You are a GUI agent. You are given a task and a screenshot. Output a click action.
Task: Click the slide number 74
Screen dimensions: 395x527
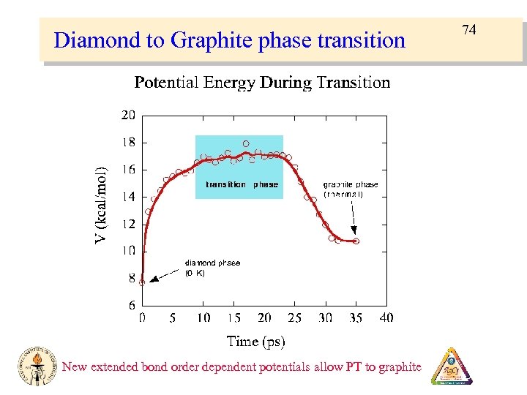(x=469, y=30)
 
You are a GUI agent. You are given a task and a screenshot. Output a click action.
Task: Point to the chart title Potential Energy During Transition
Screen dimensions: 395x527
(x=262, y=83)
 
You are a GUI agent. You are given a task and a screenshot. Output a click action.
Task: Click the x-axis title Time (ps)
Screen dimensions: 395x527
(x=255, y=341)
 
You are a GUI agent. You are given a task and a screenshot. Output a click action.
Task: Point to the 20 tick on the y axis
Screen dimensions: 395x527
(x=128, y=115)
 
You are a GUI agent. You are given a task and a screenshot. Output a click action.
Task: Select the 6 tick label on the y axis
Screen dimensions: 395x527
(x=131, y=305)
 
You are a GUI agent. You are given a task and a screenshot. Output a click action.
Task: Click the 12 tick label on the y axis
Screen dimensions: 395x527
(x=128, y=224)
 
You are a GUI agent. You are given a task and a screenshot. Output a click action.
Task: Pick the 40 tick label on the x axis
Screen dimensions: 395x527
(x=386, y=317)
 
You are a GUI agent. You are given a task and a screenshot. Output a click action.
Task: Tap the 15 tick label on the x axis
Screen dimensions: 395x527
(x=233, y=317)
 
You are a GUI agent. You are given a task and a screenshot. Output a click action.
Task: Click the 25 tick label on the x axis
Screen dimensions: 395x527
(x=294, y=317)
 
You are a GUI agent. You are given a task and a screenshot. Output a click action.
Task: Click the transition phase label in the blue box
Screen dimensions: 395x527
(x=242, y=185)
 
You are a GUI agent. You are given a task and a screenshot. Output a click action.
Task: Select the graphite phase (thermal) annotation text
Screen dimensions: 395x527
(x=351, y=189)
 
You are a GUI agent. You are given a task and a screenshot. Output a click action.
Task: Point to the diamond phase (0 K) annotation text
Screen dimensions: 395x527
(x=212, y=267)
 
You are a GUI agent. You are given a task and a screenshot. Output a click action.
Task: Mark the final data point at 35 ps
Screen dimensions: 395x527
(x=356, y=241)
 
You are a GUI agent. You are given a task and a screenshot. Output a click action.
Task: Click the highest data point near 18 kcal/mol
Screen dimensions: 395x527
(x=246, y=143)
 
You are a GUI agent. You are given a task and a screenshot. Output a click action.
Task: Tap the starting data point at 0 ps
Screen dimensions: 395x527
(x=142, y=282)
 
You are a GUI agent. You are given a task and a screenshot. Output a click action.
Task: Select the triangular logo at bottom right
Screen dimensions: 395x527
(x=452, y=366)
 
